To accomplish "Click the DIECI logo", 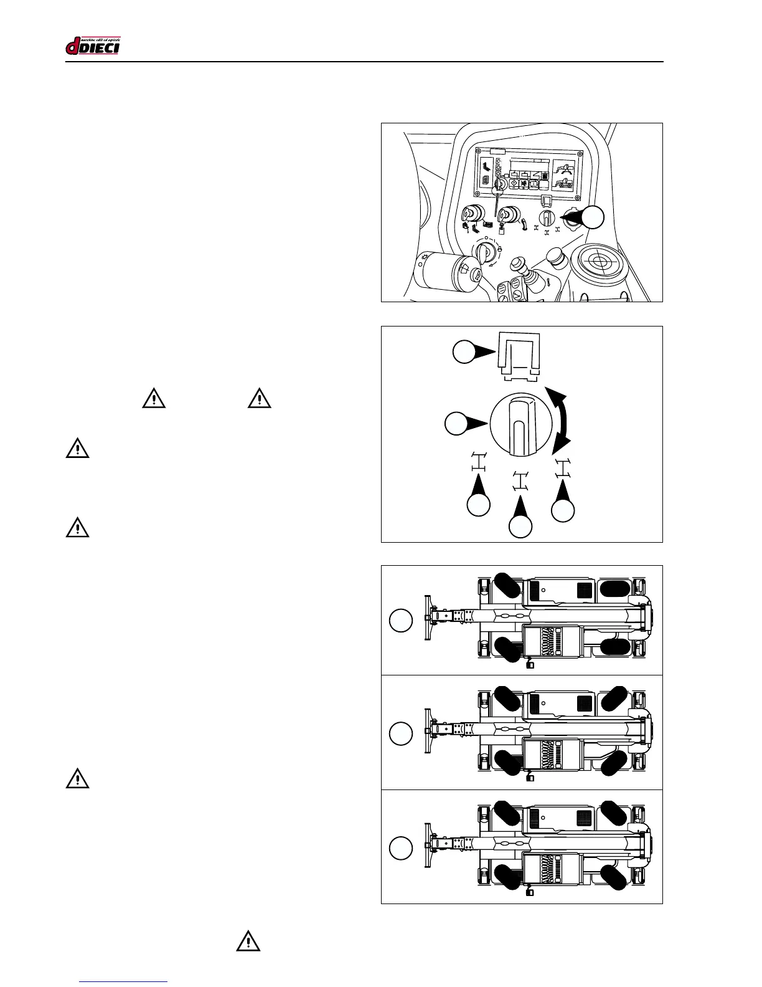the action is (x=93, y=46).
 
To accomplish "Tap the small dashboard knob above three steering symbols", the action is (x=547, y=217).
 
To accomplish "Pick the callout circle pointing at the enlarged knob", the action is (x=456, y=424).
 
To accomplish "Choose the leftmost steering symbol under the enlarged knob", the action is (x=478, y=462).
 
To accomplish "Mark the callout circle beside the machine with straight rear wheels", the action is (x=401, y=621).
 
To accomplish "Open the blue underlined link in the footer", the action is (x=124, y=981).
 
